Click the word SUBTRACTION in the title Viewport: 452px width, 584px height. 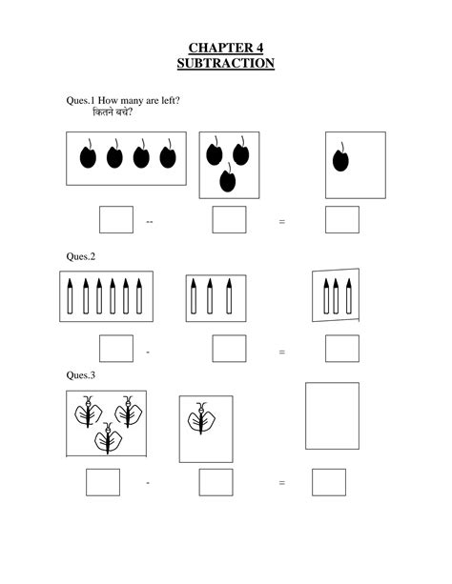[x=226, y=64]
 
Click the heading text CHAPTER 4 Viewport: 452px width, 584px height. [x=226, y=48]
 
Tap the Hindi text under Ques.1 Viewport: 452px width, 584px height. [x=113, y=113]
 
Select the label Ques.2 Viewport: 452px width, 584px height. [x=80, y=256]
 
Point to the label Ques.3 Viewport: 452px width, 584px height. [x=80, y=375]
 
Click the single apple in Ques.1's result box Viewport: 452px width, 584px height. [x=340, y=159]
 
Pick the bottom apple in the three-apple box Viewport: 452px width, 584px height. [x=228, y=178]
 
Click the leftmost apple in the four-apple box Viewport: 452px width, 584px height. [x=88, y=156]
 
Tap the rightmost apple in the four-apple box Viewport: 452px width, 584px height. [x=168, y=156]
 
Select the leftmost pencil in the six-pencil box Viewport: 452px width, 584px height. [x=72, y=296]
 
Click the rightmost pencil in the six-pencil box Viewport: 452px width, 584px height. [x=139, y=296]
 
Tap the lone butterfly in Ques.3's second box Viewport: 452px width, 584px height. [x=201, y=419]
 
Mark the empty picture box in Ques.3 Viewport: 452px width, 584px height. [x=332, y=415]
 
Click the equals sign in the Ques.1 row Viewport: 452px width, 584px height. [x=282, y=222]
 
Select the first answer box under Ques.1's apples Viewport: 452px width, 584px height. [x=116, y=219]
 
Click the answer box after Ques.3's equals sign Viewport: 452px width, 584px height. [x=328, y=482]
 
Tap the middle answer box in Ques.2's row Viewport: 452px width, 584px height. [x=229, y=349]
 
